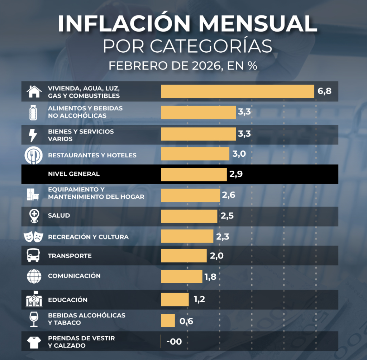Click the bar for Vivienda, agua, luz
238,91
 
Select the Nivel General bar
194,174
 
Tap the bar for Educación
175,299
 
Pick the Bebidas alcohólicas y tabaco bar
168,320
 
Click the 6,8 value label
324,91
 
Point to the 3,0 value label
239,154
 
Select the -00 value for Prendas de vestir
174,341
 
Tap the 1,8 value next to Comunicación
210,277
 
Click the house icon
34,91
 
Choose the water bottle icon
33,113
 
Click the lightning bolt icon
33,135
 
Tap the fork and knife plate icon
33,155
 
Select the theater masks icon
33,237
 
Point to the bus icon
33,255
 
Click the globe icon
34,276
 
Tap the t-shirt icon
34,342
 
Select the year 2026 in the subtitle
206,66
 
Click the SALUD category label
59,215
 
